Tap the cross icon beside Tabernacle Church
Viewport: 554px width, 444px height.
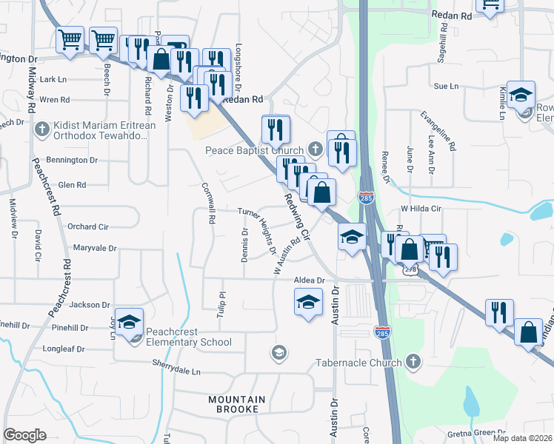413,363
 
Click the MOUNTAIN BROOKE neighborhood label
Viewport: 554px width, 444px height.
233,404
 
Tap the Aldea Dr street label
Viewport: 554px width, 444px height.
310,280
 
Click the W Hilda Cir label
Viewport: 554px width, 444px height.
421,209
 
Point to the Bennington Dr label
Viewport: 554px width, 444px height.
72,160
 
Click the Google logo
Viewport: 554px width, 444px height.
25,434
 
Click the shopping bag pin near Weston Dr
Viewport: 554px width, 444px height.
161,58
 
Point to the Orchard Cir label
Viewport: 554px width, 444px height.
88,226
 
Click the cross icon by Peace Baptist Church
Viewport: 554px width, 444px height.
315,149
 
